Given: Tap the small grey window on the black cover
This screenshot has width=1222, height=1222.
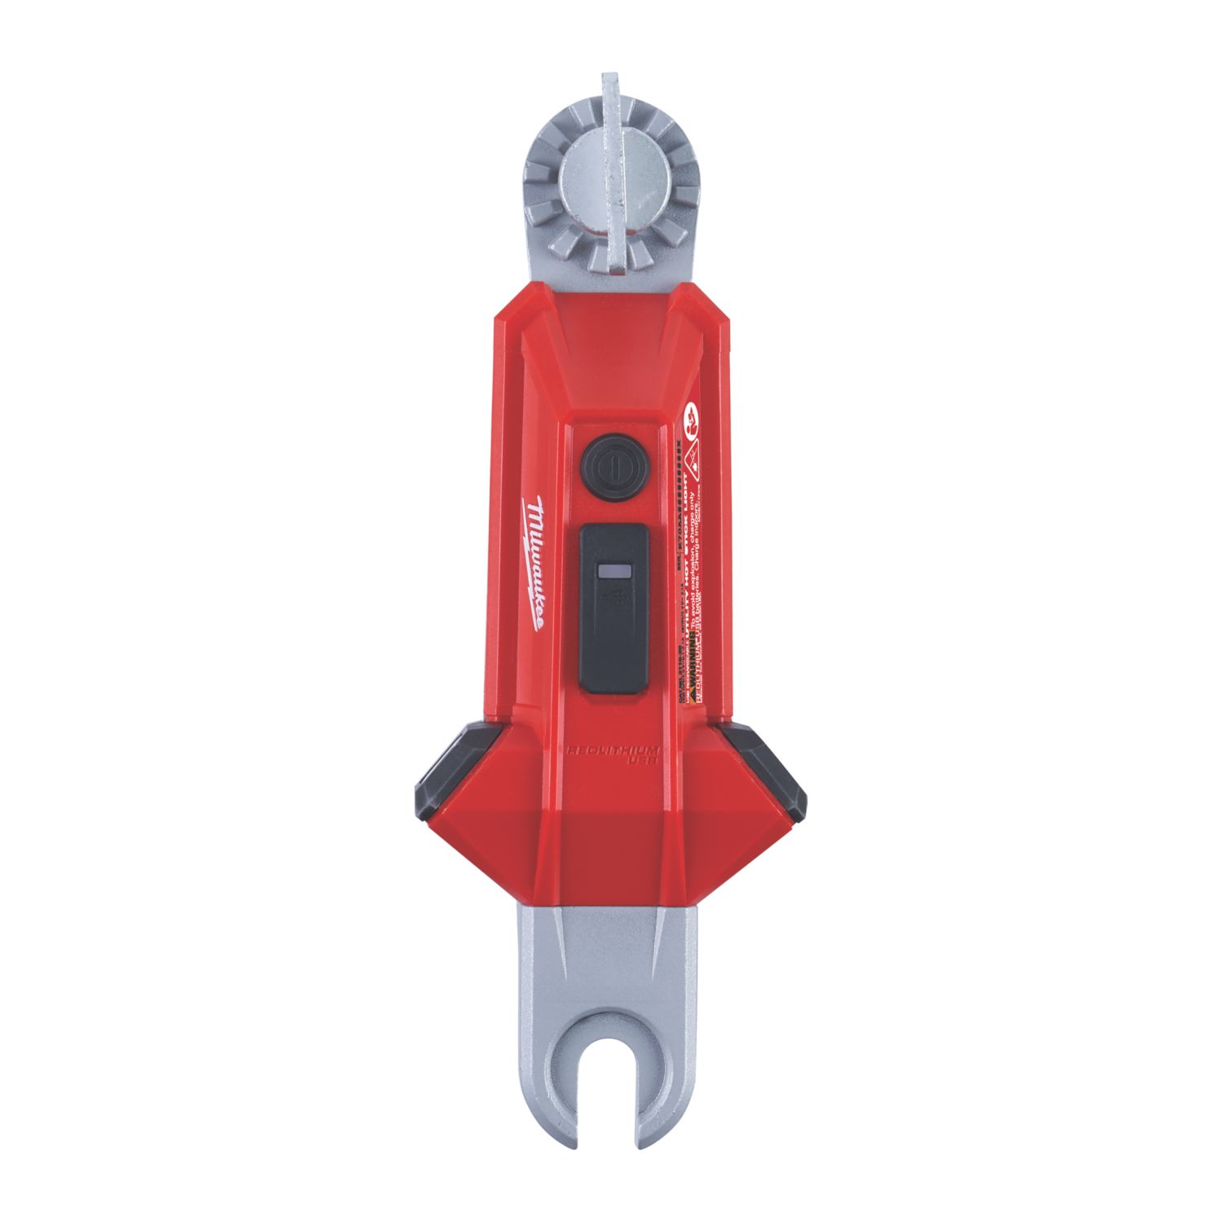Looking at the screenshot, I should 613,574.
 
